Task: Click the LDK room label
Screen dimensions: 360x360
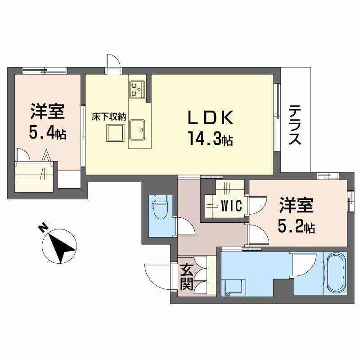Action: tap(211, 118)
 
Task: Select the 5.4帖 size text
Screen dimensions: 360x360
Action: tap(47, 132)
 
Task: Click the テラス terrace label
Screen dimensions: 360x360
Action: tap(295, 125)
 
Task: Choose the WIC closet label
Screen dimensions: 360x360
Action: tap(232, 206)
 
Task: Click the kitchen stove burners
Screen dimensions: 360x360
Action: tap(136, 89)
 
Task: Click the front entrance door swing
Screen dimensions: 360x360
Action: tap(157, 275)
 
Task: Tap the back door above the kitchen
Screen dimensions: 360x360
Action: tap(113, 63)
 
